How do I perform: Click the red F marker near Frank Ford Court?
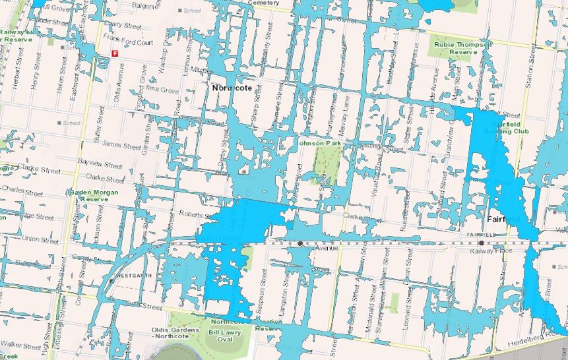pos(115,53)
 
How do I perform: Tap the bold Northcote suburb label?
pos(232,88)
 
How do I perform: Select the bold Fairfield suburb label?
pos(504,218)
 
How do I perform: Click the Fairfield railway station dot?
pos(481,243)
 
